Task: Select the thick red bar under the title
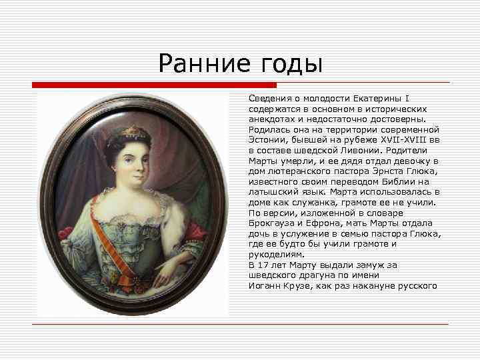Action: pos(154,85)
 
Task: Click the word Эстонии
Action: pos(267,139)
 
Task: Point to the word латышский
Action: pos(275,191)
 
